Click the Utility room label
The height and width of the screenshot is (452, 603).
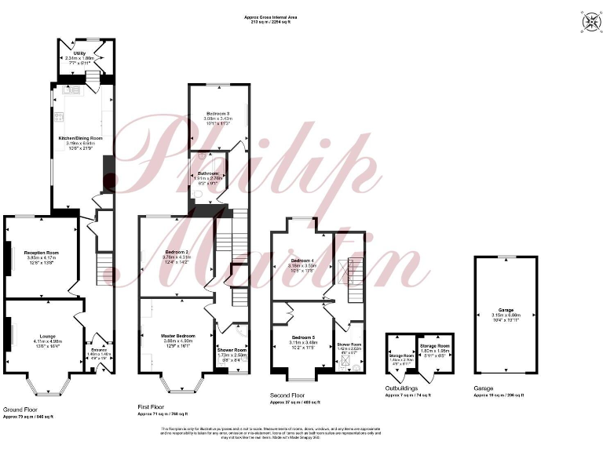79,53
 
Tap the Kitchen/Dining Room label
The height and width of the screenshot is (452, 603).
81,138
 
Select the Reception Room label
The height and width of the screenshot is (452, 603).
42,252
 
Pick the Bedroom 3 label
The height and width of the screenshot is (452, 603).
217,113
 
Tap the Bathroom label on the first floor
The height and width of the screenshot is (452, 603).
208,173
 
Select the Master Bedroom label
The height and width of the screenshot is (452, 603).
177,335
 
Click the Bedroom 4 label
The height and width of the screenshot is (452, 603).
302,260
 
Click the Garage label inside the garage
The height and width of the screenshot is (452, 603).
506,310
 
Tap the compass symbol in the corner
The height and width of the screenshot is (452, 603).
588,22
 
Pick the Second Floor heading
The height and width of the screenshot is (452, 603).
287,396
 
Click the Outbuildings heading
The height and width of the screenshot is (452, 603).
401,388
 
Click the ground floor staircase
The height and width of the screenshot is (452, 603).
104,268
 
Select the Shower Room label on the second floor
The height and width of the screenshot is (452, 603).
349,344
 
